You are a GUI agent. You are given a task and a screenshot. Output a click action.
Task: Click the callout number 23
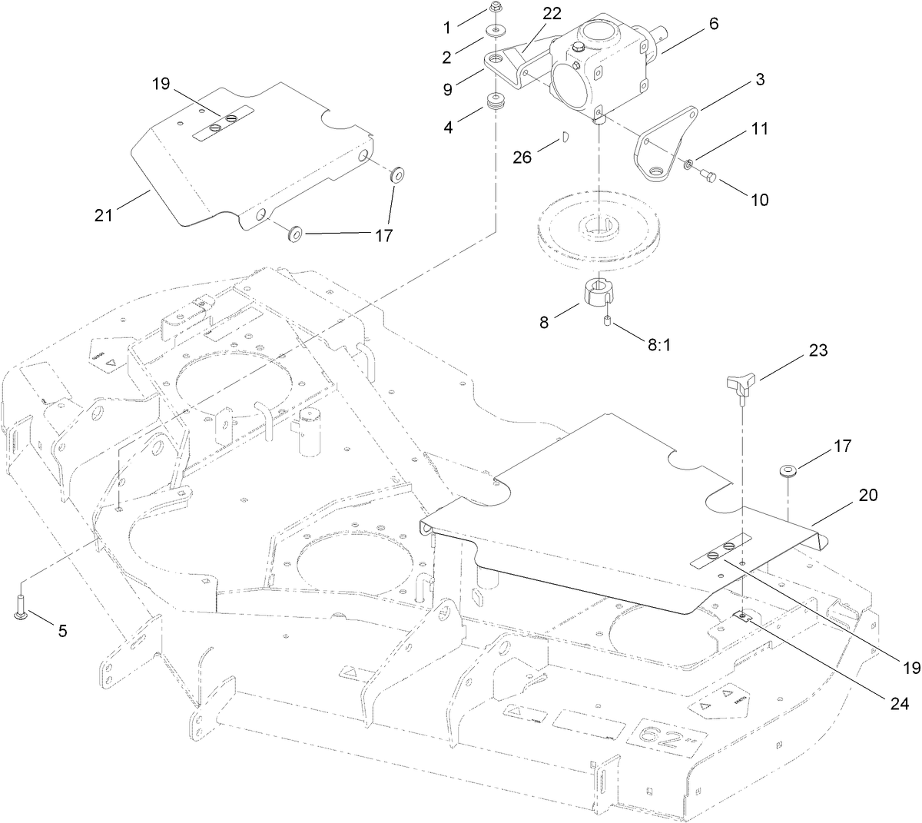coord(818,350)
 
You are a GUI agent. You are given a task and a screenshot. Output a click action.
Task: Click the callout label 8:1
coord(658,346)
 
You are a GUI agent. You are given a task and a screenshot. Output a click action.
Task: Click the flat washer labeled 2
coord(496,32)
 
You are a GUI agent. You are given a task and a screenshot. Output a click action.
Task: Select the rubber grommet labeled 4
coord(496,101)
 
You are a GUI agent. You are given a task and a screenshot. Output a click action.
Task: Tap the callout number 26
coord(523,157)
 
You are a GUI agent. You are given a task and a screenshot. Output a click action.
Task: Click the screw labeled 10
coord(709,178)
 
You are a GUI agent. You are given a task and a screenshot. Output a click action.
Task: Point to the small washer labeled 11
coord(689,163)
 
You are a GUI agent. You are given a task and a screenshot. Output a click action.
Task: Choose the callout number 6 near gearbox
coord(714,24)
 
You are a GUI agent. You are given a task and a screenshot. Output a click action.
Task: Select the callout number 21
coord(103,216)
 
